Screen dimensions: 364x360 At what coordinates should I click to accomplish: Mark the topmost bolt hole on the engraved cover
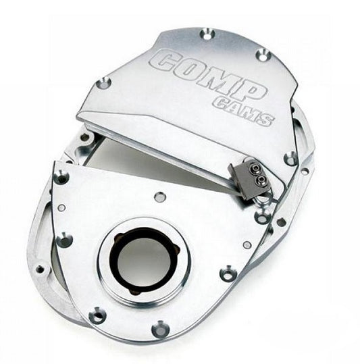tap(207, 32)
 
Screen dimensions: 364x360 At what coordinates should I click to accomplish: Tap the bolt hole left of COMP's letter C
tap(103, 83)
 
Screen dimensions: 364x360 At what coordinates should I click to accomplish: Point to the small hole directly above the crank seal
tap(160, 197)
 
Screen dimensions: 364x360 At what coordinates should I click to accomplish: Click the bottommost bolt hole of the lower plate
tap(161, 329)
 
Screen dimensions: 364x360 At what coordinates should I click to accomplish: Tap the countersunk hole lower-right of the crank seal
tap(228, 274)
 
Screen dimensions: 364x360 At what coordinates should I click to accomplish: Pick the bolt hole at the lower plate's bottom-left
tap(99, 315)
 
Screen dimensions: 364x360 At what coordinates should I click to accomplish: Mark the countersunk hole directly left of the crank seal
tap(64, 240)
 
